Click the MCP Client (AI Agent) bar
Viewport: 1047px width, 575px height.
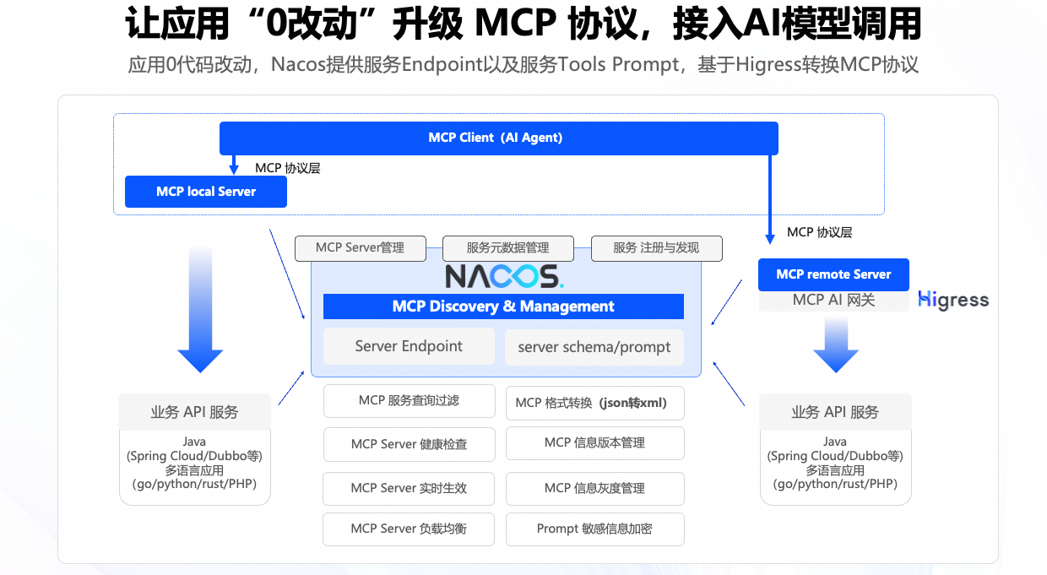pos(498,138)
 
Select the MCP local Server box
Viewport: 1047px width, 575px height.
pos(206,192)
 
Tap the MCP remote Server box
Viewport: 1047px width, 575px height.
pos(833,274)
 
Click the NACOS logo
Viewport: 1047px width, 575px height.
pos(504,276)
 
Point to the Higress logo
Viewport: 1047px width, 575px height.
pos(953,301)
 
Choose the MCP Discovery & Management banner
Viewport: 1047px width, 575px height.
pos(503,306)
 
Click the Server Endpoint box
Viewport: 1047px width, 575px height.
pos(409,346)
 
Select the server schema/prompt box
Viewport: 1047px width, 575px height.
pos(594,347)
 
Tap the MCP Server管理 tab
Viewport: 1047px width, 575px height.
pos(360,248)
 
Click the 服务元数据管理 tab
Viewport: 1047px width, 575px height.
pos(508,248)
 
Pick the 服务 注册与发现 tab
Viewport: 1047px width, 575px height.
pos(656,248)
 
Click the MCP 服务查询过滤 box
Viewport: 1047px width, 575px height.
pos(409,401)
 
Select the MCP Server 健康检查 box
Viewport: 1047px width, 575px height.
pos(409,444)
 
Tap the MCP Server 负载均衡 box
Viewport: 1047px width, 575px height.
pos(409,529)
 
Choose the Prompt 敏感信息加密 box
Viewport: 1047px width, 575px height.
pos(594,529)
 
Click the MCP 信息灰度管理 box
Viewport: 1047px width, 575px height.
pos(594,488)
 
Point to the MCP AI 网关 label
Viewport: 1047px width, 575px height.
pos(833,301)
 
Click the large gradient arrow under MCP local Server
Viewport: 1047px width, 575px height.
pos(200,312)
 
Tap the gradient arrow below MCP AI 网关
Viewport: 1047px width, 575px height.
pos(835,346)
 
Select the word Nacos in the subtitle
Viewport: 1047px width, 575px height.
pos(296,65)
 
